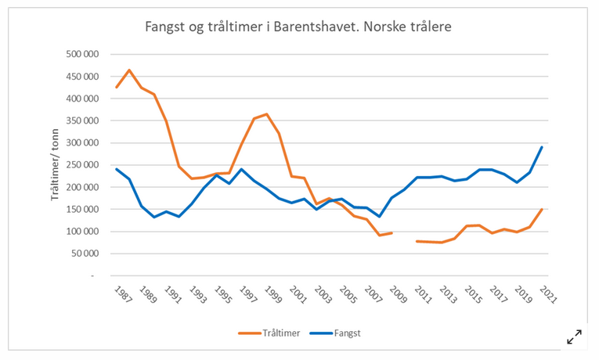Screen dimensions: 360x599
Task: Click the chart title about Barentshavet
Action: click(298, 27)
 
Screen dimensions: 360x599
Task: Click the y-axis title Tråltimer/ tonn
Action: click(56, 164)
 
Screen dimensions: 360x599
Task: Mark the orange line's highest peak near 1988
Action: click(129, 70)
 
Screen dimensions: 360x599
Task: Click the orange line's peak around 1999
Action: click(267, 114)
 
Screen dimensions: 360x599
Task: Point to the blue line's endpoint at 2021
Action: click(542, 147)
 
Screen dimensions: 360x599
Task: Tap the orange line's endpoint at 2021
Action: click(542, 210)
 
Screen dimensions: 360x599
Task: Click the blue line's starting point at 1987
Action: click(116, 169)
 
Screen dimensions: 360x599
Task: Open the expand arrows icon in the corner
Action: click(574, 337)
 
